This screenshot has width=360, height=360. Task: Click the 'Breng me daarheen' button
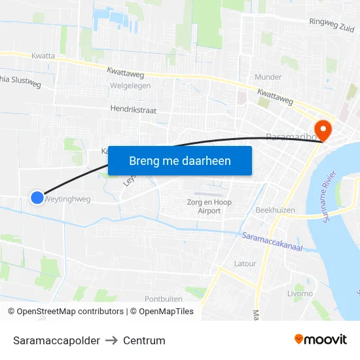180,160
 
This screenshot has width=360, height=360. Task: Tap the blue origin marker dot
37,197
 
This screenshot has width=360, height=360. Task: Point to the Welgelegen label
131,86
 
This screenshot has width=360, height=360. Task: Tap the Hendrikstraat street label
134,110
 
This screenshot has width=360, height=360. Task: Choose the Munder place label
268,77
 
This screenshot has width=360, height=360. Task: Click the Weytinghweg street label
68,199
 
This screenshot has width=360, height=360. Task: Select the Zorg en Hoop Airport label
209,207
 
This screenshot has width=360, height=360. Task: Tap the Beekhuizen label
275,211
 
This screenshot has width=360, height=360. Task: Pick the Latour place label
245,263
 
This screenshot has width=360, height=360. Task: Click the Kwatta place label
43,56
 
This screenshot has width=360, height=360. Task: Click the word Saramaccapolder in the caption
56,340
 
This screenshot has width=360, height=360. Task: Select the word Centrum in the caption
144,340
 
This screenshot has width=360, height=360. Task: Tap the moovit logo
321,339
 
